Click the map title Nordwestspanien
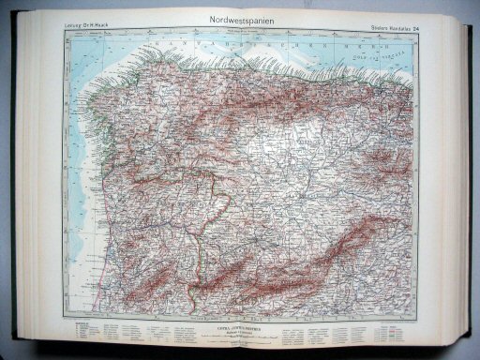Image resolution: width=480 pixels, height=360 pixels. tap(240, 18)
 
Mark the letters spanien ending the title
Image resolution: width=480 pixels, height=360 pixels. tap(256, 18)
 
